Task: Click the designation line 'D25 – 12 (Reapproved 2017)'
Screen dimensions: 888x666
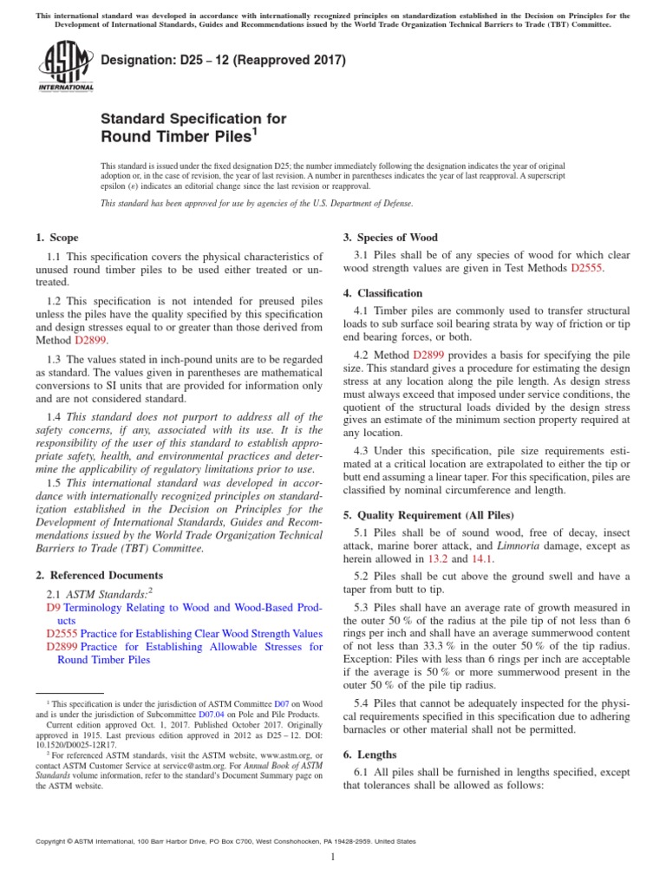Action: pyautogui.click(x=224, y=61)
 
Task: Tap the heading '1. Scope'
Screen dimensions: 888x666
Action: pyautogui.click(x=56, y=238)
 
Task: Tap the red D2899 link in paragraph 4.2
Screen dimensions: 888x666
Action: pyautogui.click(x=429, y=355)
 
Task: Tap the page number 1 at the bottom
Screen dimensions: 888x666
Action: pyautogui.click(x=333, y=857)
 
